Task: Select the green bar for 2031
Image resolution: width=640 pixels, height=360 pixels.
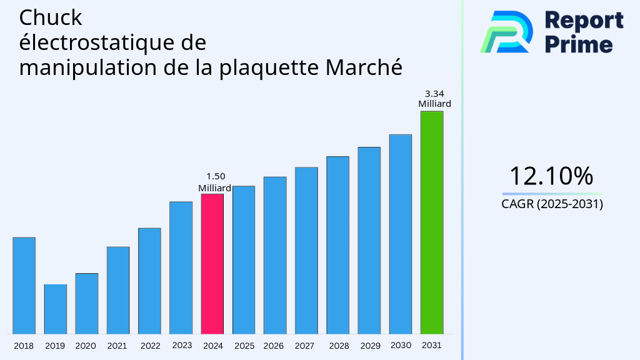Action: [431, 222]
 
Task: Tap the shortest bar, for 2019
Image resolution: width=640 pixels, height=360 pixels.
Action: [55, 309]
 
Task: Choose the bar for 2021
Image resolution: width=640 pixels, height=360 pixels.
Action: [118, 290]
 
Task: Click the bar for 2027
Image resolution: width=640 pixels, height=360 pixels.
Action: [306, 250]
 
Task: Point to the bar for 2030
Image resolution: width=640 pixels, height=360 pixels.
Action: [400, 234]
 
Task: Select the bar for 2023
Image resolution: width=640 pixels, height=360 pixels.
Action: [181, 267]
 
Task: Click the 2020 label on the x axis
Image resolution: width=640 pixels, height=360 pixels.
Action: [86, 346]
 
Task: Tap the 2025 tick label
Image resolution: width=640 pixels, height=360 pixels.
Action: [244, 346]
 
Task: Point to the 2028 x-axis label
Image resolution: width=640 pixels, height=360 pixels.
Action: [339, 346]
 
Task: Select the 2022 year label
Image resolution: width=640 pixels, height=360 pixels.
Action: [150, 346]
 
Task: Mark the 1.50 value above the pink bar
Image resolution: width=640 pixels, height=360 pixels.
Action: [216, 176]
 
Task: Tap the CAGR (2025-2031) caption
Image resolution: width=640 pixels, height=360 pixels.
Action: [552, 204]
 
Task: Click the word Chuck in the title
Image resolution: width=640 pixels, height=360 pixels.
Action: [51, 17]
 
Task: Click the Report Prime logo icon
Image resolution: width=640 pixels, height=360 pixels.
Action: [507, 31]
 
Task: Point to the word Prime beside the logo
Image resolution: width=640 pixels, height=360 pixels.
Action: [579, 44]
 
